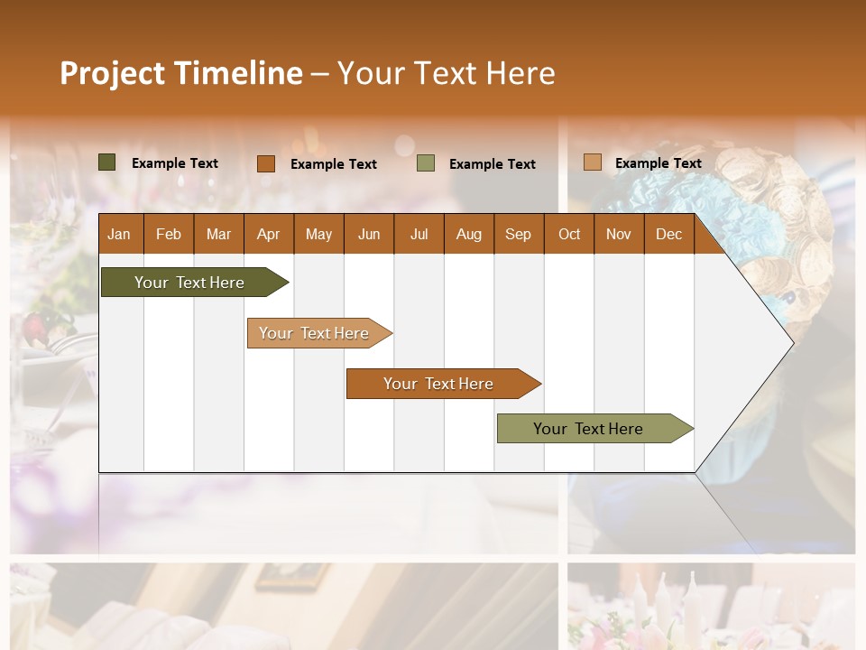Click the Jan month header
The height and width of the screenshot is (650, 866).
120,234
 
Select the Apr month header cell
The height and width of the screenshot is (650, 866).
269,234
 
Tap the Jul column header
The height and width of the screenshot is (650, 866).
419,234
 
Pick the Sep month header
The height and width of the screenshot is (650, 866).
518,234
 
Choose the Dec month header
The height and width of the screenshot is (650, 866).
668,234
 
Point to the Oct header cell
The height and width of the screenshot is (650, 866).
569,234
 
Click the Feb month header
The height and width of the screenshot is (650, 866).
169,234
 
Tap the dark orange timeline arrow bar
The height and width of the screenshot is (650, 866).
439,384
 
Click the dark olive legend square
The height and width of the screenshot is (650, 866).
107,162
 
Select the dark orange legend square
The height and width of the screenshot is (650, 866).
265,163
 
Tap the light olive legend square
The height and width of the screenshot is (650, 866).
426,163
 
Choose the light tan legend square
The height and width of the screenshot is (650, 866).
592,162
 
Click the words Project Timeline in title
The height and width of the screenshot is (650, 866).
180,72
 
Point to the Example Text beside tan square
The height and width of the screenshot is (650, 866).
658,163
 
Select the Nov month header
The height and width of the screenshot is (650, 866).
619,234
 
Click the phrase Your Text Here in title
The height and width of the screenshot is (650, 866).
446,72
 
